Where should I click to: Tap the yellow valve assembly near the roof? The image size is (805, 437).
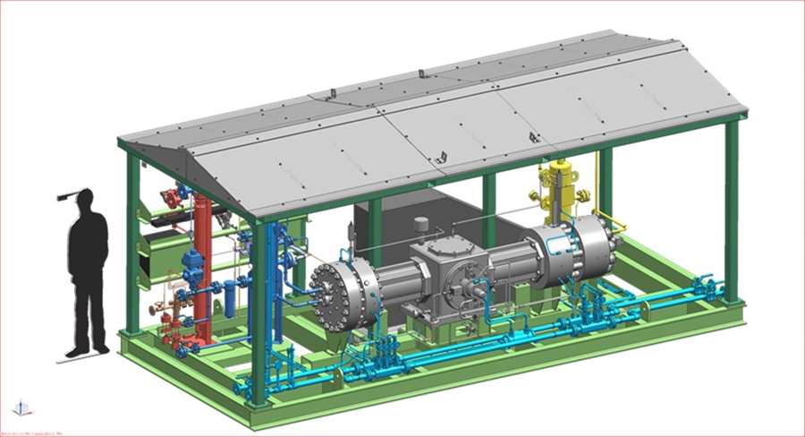pos(561,185)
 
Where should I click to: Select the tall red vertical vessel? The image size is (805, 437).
pos(203,269)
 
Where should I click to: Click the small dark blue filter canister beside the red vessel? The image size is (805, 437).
pos(230,297)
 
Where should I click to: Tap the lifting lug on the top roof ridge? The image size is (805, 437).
pos(331,93)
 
